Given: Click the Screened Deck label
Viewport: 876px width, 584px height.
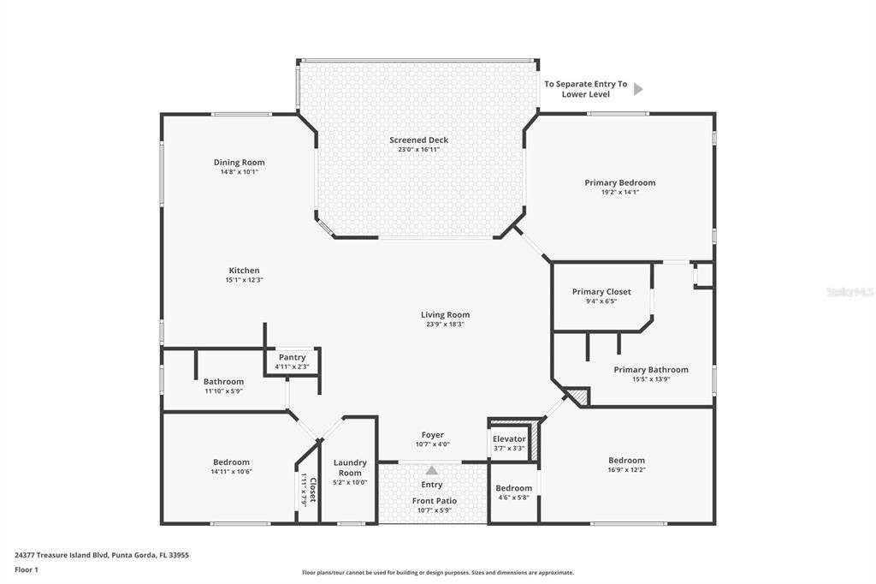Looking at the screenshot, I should (x=418, y=140).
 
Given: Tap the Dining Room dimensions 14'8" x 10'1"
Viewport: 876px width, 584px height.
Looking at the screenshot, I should (x=239, y=172).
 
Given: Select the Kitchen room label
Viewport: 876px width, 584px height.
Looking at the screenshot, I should (x=244, y=271).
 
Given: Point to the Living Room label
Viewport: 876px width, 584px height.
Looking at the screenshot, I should (x=445, y=314).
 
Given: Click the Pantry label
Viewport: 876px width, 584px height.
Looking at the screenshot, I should (x=292, y=358).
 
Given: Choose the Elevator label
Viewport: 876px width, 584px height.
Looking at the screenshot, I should (x=509, y=439).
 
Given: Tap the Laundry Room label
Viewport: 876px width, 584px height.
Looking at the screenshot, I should (x=349, y=468).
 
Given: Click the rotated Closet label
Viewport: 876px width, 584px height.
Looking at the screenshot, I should (x=312, y=491).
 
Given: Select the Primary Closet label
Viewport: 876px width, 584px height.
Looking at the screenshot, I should (x=601, y=292).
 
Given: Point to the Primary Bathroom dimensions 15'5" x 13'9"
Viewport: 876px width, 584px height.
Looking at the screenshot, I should (x=650, y=379).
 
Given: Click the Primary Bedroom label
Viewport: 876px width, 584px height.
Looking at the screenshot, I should (x=619, y=182).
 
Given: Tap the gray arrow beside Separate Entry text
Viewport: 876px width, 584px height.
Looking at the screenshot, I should (x=637, y=88).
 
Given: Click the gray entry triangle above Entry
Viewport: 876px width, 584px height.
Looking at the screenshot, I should (x=432, y=470).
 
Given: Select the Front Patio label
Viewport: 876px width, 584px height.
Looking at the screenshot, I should (x=435, y=501).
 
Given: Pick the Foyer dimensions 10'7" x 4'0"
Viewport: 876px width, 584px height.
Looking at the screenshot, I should (x=432, y=444).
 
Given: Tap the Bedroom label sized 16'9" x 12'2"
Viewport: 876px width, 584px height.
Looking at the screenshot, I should (x=626, y=461).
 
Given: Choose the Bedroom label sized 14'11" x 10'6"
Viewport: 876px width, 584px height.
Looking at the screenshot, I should (x=231, y=462).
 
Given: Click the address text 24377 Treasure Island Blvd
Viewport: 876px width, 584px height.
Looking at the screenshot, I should (x=102, y=555).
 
